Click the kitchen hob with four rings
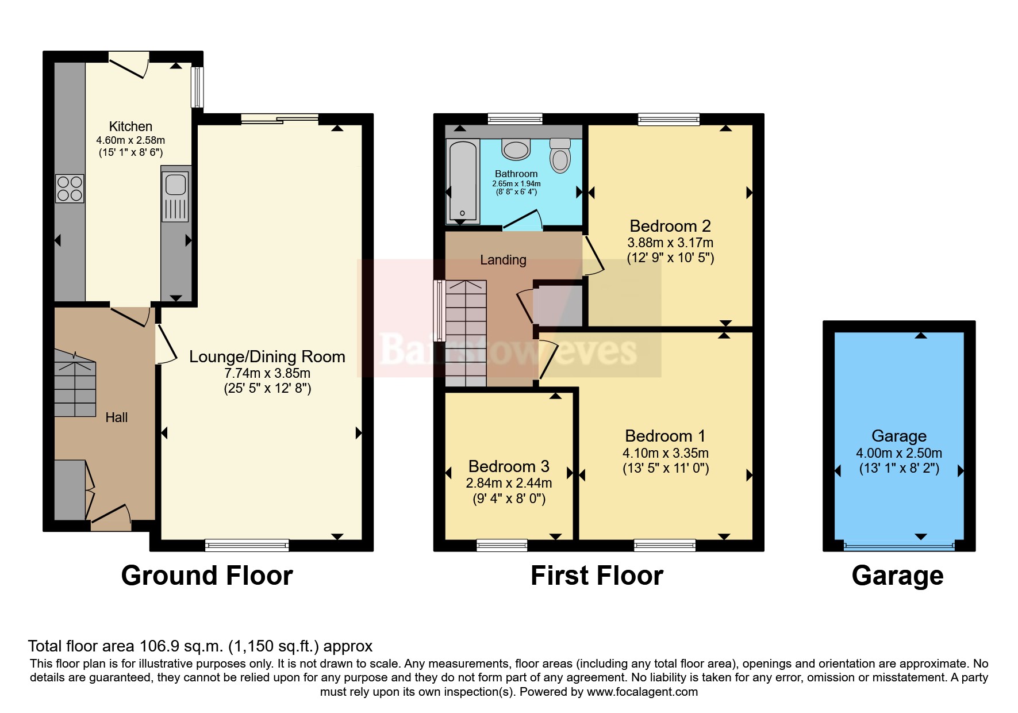[70, 189]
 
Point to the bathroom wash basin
[516, 149]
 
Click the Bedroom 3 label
[509, 466]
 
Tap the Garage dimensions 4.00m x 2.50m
[899, 453]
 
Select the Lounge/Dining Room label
[267, 356]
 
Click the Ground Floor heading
[207, 576]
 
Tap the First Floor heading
[597, 576]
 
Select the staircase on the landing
[466, 333]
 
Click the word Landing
[503, 260]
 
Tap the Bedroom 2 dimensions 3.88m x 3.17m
[670, 243]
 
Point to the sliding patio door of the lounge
[279, 119]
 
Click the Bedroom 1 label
[665, 436]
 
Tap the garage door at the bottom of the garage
[899, 546]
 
